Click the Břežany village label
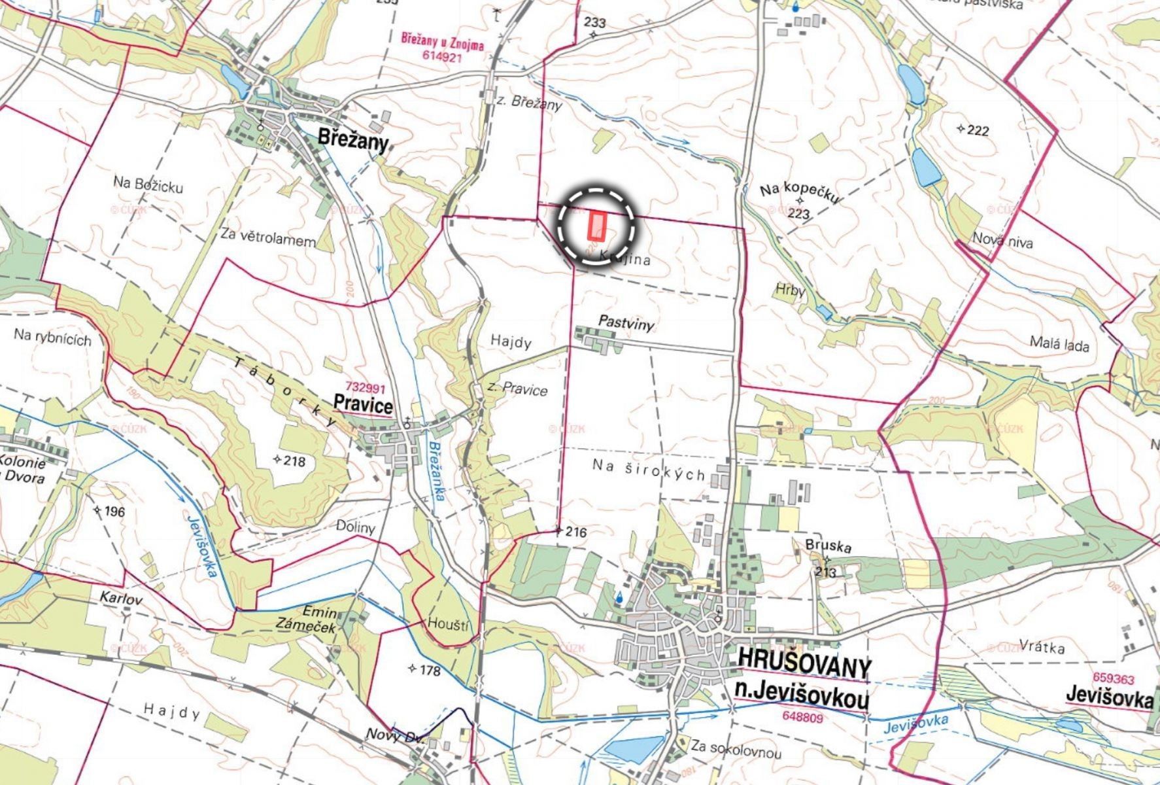click(353, 140)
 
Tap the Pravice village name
click(363, 402)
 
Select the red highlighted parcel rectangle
click(597, 226)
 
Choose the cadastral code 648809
click(802, 717)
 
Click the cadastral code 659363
click(1113, 680)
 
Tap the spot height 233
click(594, 22)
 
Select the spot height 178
click(429, 670)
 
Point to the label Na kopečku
click(799, 192)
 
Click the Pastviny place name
click(626, 322)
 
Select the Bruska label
click(828, 546)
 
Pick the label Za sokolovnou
click(736, 751)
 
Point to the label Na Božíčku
click(148, 184)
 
